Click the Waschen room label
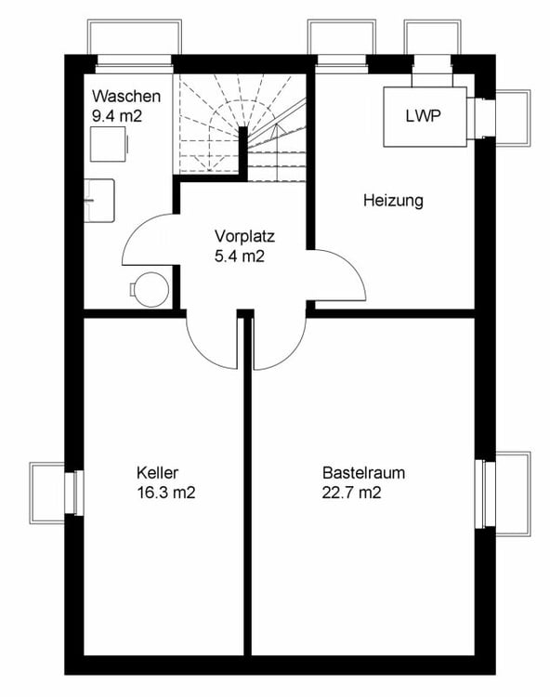126,96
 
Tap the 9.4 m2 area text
117,116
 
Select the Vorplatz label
244,236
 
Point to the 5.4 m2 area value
240,256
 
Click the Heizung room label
393,201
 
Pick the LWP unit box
426,117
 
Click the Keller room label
157,472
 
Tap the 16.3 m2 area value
165,493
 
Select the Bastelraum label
363,472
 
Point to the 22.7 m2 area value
351,493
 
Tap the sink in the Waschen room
99,201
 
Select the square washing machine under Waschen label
110,144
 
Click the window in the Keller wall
73,493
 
